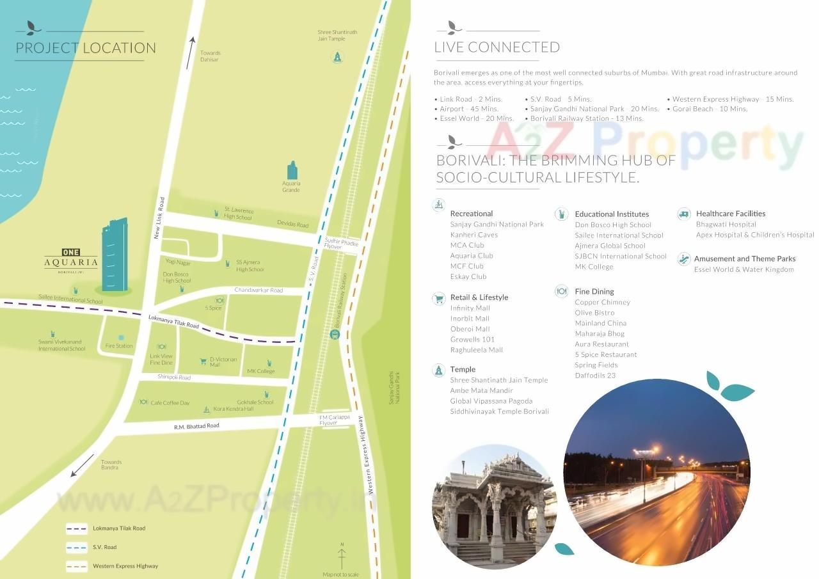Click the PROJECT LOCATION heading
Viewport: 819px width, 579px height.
pyautogui.click(x=86, y=48)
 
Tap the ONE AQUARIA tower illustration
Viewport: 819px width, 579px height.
pyautogui.click(x=115, y=255)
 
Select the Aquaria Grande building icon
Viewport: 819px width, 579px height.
pyautogui.click(x=292, y=171)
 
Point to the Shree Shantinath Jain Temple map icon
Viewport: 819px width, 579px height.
pyautogui.click(x=337, y=58)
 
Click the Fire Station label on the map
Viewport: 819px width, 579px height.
pyautogui.click(x=119, y=346)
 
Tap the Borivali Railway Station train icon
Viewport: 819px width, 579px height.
pyautogui.click(x=334, y=334)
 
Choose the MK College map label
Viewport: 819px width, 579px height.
pyautogui.click(x=261, y=371)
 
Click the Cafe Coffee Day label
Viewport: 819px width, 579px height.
pyautogui.click(x=170, y=403)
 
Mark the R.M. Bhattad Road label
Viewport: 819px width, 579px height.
pyautogui.click(x=196, y=426)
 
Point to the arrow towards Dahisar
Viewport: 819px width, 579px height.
pyautogui.click(x=190, y=52)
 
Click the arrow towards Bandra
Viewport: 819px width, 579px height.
pyautogui.click(x=83, y=466)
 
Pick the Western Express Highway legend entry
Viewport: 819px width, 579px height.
pyautogui.click(x=125, y=566)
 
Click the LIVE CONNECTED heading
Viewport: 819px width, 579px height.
pyautogui.click(x=497, y=47)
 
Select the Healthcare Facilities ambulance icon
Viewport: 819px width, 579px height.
pyautogui.click(x=684, y=214)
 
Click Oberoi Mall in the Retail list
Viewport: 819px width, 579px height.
pyautogui.click(x=470, y=329)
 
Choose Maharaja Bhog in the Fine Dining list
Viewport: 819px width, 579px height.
pyautogui.click(x=600, y=333)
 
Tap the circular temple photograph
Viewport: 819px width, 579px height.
pyautogui.click(x=494, y=505)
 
